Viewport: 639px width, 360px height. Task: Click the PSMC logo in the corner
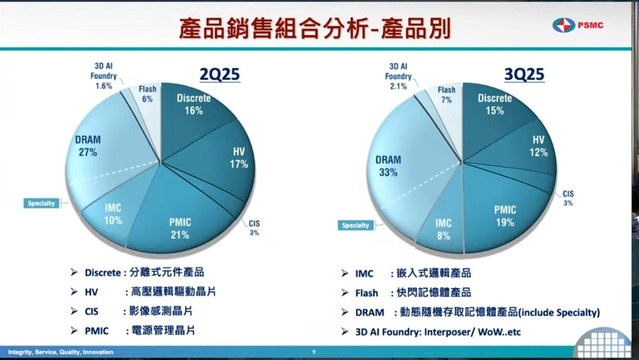click(578, 25)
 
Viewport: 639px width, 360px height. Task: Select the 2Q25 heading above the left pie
click(220, 74)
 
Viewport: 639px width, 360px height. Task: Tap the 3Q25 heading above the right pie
click(524, 74)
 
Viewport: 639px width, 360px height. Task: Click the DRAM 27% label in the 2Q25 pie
click(88, 146)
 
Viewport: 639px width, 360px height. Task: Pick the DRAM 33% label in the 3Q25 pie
click(388, 166)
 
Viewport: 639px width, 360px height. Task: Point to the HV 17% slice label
click(239, 158)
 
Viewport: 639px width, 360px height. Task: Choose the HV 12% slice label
click(539, 146)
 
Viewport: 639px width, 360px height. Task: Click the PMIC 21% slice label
click(180, 229)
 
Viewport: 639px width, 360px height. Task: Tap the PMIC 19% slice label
click(505, 216)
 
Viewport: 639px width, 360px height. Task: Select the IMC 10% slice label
click(113, 214)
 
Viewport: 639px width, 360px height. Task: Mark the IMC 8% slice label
click(443, 229)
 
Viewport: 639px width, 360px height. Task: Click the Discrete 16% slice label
click(194, 104)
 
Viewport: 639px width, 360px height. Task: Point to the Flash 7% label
click(446, 95)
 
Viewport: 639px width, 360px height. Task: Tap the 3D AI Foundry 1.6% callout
click(103, 76)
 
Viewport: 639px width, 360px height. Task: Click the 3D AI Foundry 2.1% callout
click(398, 76)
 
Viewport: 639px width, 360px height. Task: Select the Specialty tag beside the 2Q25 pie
click(41, 203)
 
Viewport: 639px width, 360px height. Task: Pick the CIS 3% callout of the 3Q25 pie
click(568, 198)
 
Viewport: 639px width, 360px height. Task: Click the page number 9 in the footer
click(314, 352)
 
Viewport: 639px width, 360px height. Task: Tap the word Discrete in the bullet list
click(103, 273)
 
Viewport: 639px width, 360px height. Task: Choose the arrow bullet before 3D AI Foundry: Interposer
click(344, 332)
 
